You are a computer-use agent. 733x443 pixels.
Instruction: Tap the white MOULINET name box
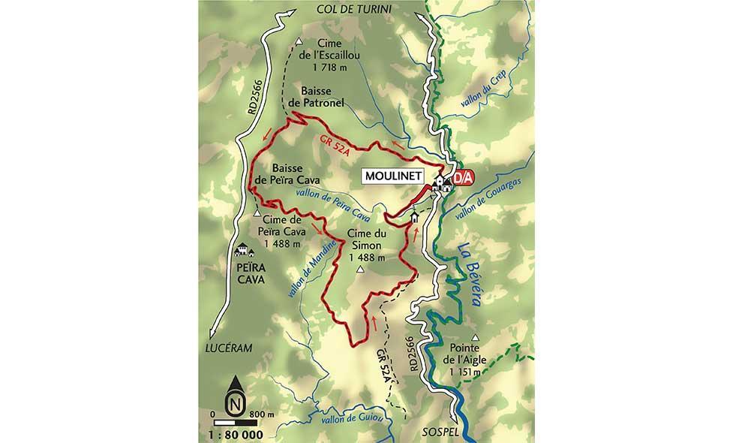pos(392,177)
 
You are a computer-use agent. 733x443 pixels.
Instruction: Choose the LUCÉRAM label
pos(228,347)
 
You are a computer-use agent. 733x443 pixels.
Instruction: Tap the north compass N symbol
pos(236,403)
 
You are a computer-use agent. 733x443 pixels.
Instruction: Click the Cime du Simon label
pos(367,246)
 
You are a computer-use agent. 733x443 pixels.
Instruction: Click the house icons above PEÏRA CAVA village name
pos(243,250)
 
